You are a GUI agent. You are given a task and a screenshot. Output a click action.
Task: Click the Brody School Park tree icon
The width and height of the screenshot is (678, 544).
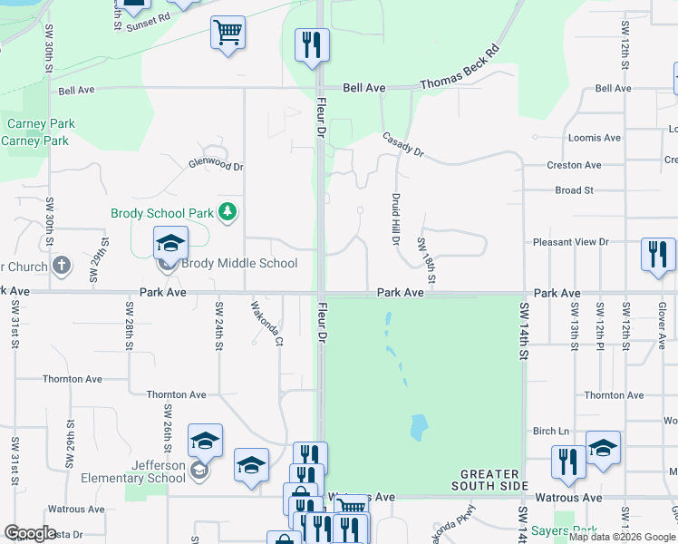tap(228, 213)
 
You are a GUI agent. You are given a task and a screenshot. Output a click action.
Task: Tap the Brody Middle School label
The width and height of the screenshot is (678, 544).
tap(239, 264)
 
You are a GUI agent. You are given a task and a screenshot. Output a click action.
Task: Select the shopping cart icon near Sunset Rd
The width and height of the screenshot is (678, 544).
tap(228, 34)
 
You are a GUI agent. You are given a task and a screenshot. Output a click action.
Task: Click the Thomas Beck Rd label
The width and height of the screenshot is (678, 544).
tap(459, 69)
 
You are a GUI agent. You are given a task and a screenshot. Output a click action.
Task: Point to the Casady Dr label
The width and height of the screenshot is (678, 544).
tap(403, 144)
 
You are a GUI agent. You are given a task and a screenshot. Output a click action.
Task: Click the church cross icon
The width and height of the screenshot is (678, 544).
tap(61, 267)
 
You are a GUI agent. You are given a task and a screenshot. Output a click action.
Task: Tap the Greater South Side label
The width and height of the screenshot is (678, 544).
tap(489, 481)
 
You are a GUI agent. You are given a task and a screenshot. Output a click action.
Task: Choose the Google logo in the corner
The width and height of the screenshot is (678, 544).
tap(30, 533)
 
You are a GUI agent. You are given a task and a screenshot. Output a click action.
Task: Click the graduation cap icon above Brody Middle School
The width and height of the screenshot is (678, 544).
tap(169, 243)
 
